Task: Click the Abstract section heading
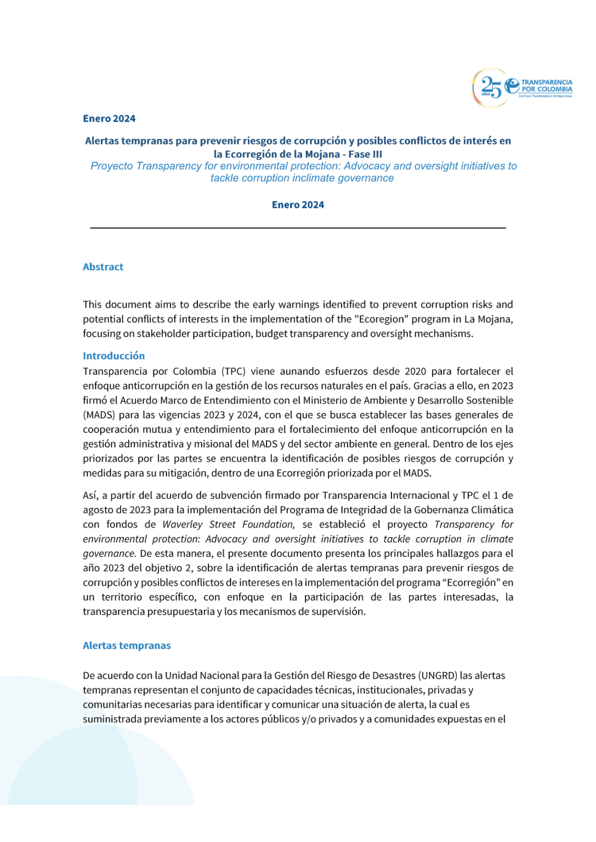(x=103, y=267)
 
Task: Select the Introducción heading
(x=113, y=356)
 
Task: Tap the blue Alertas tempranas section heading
(x=127, y=646)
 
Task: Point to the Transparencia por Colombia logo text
(x=546, y=86)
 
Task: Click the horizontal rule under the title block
(x=298, y=227)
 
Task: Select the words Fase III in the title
(x=365, y=155)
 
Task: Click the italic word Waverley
(x=182, y=525)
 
